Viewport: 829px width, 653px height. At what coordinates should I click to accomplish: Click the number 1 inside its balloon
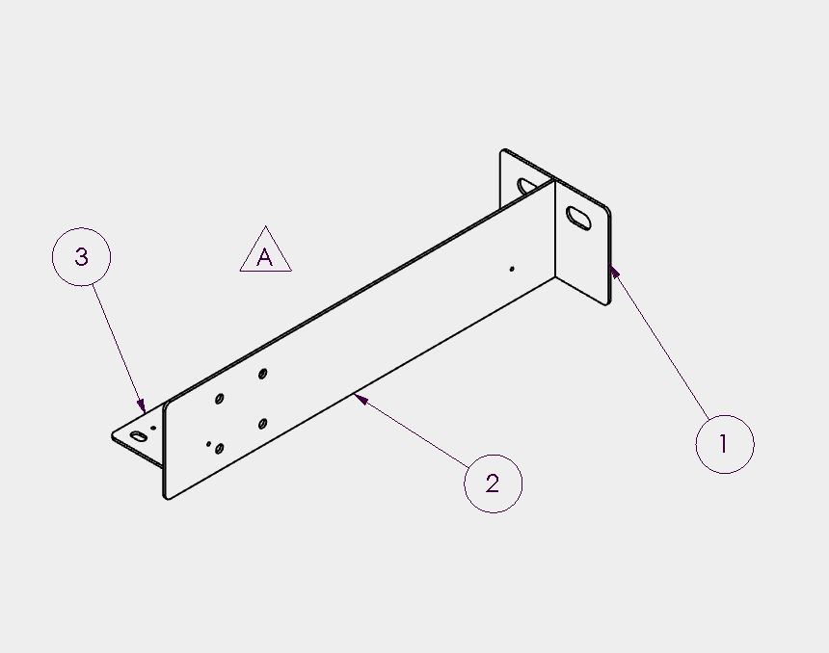[x=723, y=443]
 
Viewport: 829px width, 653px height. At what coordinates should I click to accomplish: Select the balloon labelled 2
[x=493, y=483]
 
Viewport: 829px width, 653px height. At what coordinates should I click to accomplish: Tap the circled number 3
[x=81, y=257]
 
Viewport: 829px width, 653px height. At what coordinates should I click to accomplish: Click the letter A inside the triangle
[x=264, y=257]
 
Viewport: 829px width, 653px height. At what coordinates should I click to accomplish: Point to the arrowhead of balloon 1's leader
[x=614, y=272]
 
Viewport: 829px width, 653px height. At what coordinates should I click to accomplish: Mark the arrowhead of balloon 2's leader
[x=361, y=399]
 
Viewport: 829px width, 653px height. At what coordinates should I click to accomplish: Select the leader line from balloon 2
[x=412, y=431]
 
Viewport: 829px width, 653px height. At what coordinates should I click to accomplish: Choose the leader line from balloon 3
[x=119, y=348]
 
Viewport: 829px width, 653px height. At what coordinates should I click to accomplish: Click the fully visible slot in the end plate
[x=578, y=218]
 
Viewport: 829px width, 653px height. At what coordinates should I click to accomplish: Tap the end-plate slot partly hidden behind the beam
[x=526, y=186]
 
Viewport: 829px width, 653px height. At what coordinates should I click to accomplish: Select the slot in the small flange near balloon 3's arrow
[x=138, y=436]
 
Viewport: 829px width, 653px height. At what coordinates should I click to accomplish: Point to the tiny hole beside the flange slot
[x=154, y=428]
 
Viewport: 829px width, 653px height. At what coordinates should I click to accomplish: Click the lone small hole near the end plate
[x=512, y=269]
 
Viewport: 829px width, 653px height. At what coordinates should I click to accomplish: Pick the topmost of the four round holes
[x=262, y=374]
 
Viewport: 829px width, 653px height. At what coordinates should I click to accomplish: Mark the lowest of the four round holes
[x=219, y=449]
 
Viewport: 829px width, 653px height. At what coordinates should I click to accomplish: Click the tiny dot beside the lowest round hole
[x=209, y=444]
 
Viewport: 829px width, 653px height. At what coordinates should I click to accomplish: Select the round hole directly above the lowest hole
[x=220, y=399]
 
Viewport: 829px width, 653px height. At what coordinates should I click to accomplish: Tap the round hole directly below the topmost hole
[x=262, y=424]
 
